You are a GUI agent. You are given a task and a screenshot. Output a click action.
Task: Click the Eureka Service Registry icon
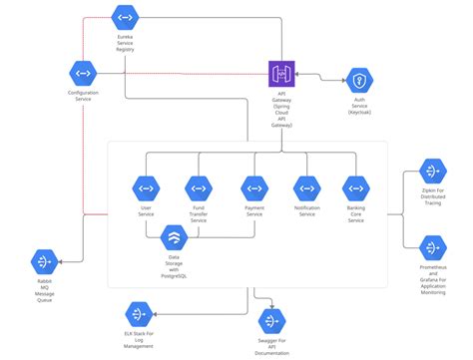tap(125, 19)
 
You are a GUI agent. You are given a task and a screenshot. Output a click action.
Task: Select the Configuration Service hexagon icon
tap(82, 72)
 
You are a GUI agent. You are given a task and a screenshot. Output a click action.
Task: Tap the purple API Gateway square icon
tap(281, 73)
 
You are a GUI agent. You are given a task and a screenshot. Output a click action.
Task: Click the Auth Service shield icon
tap(359, 80)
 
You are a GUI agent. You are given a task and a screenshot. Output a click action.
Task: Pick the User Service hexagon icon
tap(146, 187)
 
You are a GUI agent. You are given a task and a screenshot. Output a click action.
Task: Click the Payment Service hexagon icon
tap(254, 187)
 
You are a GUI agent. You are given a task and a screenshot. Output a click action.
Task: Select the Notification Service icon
tap(306, 187)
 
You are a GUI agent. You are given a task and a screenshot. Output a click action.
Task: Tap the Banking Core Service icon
tap(355, 187)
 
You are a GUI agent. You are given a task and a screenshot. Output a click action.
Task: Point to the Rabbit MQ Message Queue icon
tap(44, 261)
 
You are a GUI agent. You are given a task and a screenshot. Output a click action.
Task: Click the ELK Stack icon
tap(139, 314)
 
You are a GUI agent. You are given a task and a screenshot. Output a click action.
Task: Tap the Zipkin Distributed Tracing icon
tap(431, 172)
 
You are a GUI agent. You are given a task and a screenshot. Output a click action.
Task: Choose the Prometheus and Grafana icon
tap(431, 247)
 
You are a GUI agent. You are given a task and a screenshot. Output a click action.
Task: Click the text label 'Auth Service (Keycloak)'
tap(359, 109)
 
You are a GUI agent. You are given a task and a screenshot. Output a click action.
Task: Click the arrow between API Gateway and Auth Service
tap(319, 75)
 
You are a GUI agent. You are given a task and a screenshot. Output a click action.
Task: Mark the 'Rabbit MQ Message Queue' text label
tap(44, 291)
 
